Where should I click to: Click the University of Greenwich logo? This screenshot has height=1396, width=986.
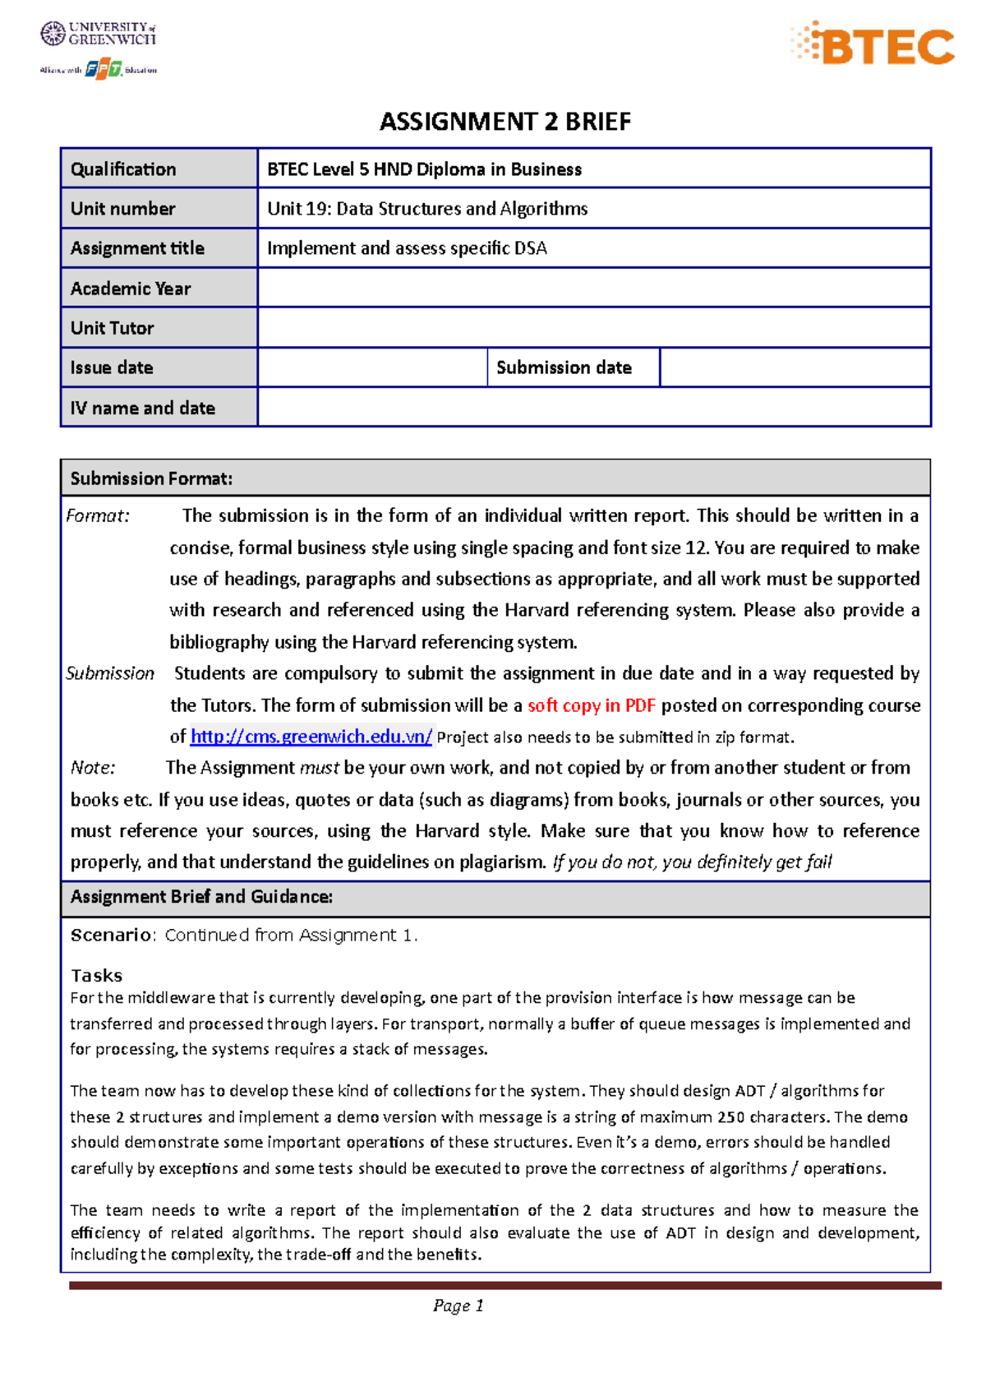pyautogui.click(x=98, y=34)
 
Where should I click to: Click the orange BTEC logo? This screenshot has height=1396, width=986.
pyautogui.click(x=873, y=44)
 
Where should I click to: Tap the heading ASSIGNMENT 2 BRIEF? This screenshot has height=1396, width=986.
pyautogui.click(x=505, y=122)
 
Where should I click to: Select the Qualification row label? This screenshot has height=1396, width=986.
pyautogui.click(x=123, y=169)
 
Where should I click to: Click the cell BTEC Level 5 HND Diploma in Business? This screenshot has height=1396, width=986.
pyautogui.click(x=424, y=169)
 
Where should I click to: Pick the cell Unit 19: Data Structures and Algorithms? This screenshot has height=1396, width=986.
pyautogui.click(x=427, y=209)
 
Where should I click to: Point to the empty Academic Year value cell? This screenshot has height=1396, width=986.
pyautogui.click(x=593, y=289)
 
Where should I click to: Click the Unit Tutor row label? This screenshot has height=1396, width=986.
pyautogui.click(x=113, y=328)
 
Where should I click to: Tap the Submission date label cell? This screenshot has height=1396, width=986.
pyautogui.click(x=564, y=367)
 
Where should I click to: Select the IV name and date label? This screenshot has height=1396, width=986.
pyautogui.click(x=143, y=408)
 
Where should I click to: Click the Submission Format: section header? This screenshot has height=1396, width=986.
pyautogui.click(x=151, y=478)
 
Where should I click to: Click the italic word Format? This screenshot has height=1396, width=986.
pyautogui.click(x=98, y=516)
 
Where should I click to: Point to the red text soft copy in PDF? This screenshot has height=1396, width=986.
pyautogui.click(x=591, y=705)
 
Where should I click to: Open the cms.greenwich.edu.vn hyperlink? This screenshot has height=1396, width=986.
pyautogui.click(x=311, y=737)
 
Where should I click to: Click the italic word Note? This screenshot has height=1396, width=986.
pyautogui.click(x=93, y=768)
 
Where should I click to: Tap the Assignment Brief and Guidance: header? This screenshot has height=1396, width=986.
pyautogui.click(x=201, y=897)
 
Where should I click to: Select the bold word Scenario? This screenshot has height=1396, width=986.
pyautogui.click(x=111, y=936)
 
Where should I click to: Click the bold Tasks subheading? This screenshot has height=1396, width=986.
pyautogui.click(x=96, y=976)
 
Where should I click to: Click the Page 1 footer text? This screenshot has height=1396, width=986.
pyautogui.click(x=458, y=1306)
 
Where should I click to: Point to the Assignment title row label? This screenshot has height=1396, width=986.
pyautogui.click(x=137, y=248)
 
